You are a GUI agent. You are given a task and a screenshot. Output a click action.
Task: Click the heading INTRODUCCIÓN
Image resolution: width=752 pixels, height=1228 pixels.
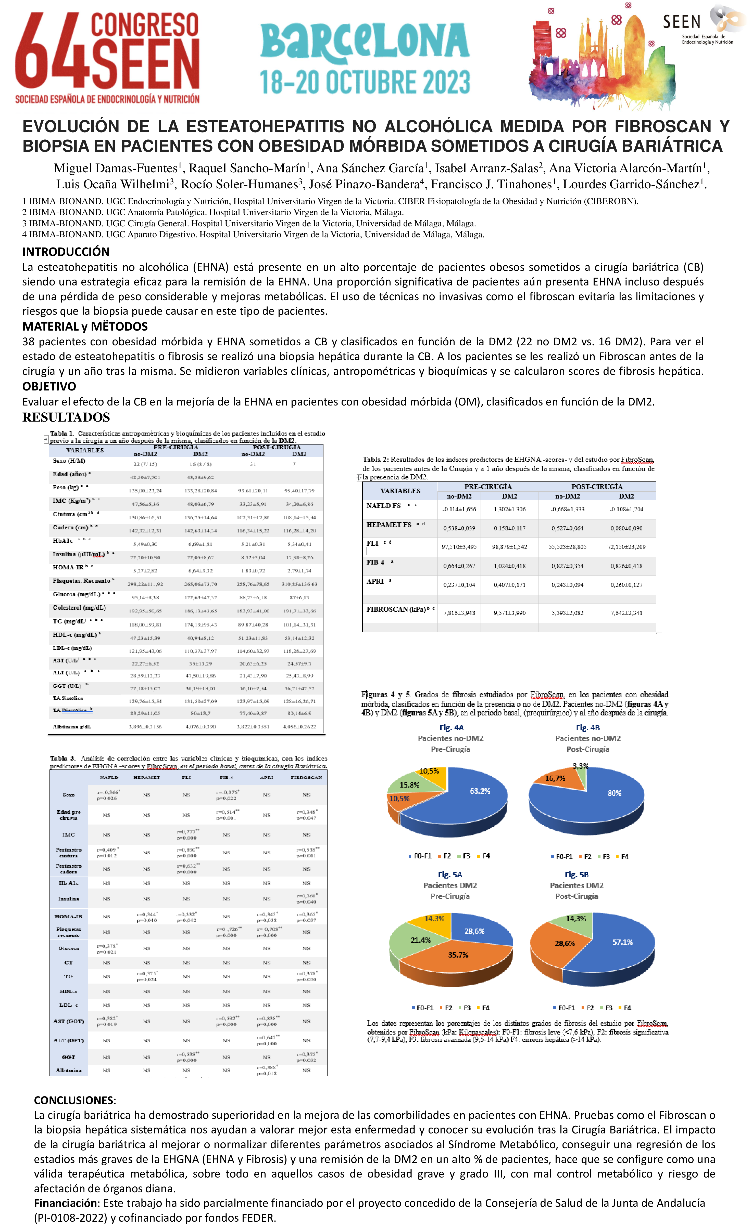tap(66, 252)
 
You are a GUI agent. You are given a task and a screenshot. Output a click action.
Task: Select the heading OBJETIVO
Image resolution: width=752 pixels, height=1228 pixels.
tap(49, 386)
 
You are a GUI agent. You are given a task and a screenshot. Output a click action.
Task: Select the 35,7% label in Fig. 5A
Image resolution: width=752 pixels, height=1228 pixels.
tap(458, 955)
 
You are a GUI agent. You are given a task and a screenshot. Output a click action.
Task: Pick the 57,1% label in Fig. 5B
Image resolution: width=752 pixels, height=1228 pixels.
tap(622, 942)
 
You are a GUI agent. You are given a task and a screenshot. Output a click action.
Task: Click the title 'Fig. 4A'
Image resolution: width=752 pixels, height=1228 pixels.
tap(451, 728)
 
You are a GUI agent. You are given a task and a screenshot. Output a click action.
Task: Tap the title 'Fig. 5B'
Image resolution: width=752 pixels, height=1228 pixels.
tap(576, 875)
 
